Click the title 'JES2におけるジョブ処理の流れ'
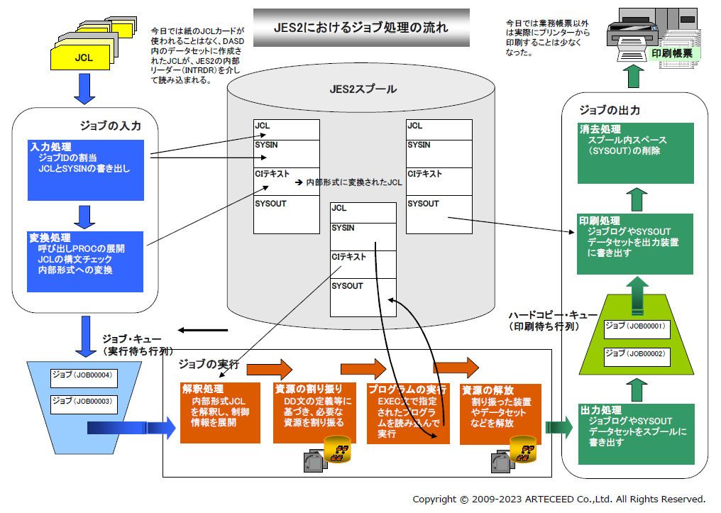tap(360, 28)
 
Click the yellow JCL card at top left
tap(83, 58)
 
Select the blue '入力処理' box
tap(86, 170)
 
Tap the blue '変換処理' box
tap(86, 260)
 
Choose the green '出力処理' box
tap(634, 433)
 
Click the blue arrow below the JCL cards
tap(84, 90)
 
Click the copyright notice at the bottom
tap(558, 499)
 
